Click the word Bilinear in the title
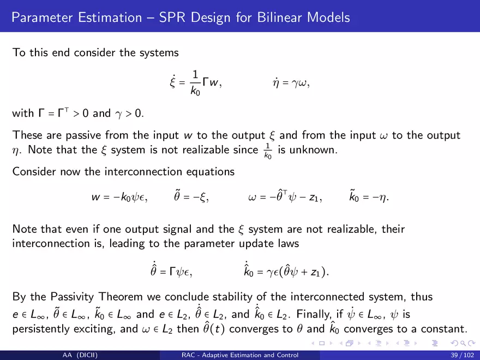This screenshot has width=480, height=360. [x=279, y=17]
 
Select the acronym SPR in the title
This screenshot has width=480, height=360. [x=172, y=17]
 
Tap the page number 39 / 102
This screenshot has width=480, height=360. [x=462, y=355]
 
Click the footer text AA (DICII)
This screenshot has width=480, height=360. [x=80, y=355]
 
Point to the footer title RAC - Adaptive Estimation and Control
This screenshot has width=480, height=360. [x=240, y=355]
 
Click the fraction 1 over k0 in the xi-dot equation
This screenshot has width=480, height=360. [x=195, y=83]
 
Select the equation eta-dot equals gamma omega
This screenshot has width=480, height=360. [x=291, y=83]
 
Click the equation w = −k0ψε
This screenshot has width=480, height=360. [x=119, y=197]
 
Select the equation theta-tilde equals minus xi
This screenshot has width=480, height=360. [x=191, y=196]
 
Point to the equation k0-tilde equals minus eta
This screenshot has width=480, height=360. [x=369, y=196]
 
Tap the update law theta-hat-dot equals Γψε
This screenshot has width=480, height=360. [x=171, y=269]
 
